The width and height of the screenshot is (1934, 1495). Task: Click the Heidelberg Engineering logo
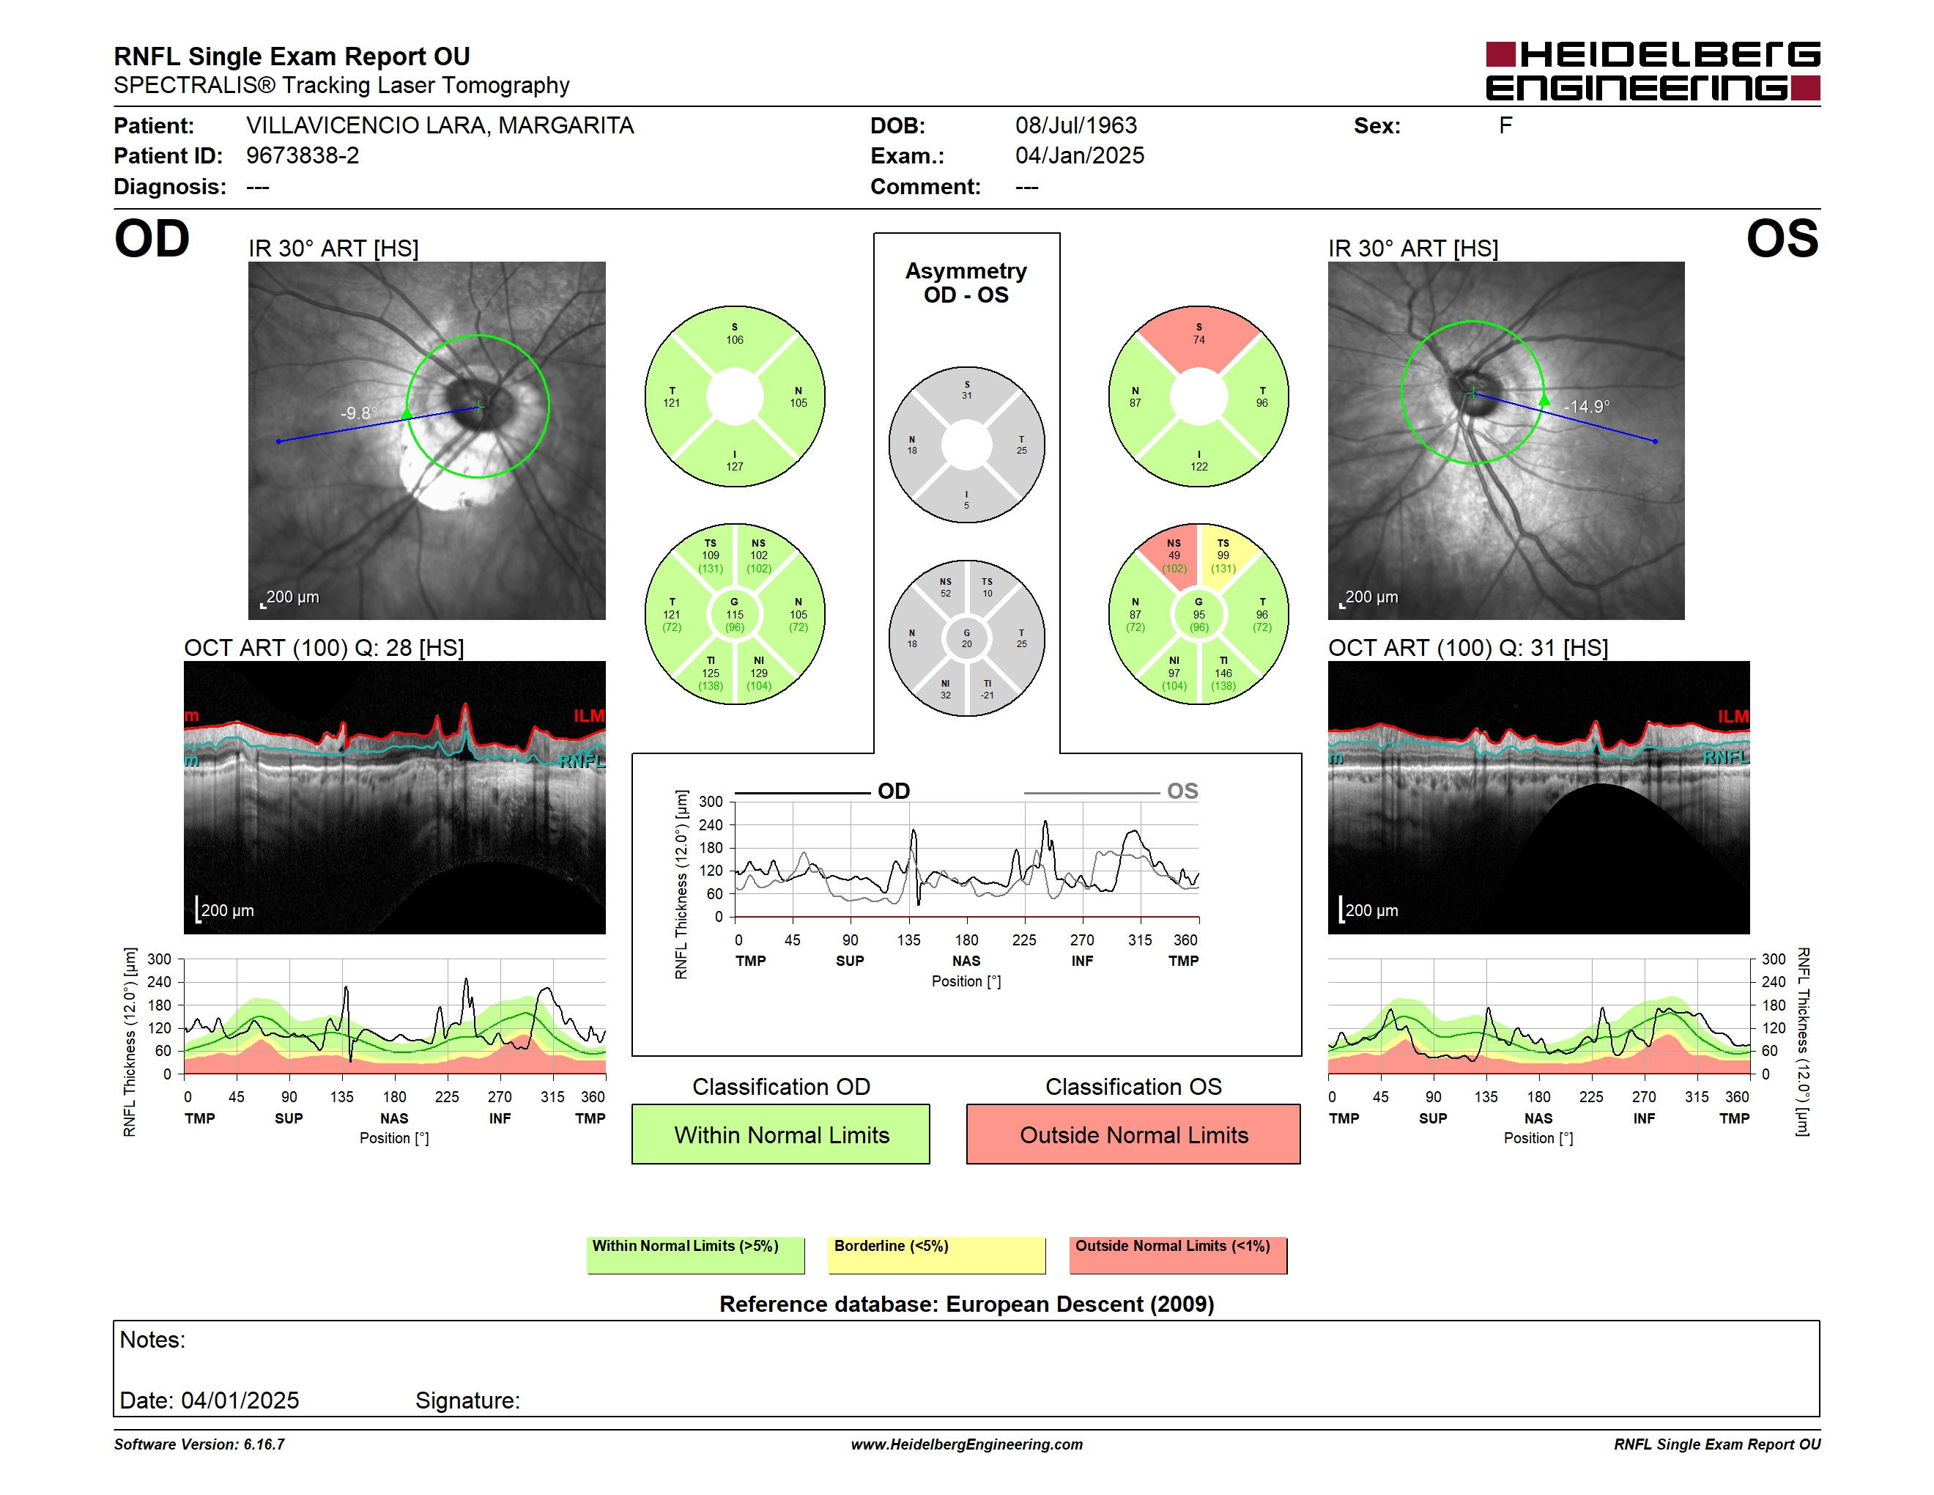tap(1653, 71)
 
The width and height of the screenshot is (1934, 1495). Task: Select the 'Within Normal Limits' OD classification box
tap(780, 1134)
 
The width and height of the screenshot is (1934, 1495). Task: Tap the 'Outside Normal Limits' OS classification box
tap(1133, 1134)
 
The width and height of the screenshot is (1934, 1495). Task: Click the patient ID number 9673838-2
tap(303, 156)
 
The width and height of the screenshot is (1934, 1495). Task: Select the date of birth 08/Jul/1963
tap(1076, 126)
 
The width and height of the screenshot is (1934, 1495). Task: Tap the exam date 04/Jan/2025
tap(1080, 156)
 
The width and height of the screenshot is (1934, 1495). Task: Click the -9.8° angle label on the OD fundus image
tap(359, 413)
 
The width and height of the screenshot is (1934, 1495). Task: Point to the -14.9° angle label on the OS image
tap(1586, 407)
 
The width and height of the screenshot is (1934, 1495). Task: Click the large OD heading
tap(152, 238)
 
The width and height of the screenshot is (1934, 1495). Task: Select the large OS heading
tap(1782, 238)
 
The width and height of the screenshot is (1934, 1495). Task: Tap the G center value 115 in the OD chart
tap(734, 615)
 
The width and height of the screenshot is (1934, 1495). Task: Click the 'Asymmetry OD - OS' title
tap(966, 283)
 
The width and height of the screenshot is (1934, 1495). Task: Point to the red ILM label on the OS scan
tap(1733, 715)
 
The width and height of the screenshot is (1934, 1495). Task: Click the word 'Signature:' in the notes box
tap(467, 1400)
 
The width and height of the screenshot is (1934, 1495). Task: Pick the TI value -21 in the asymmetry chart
tap(987, 695)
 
